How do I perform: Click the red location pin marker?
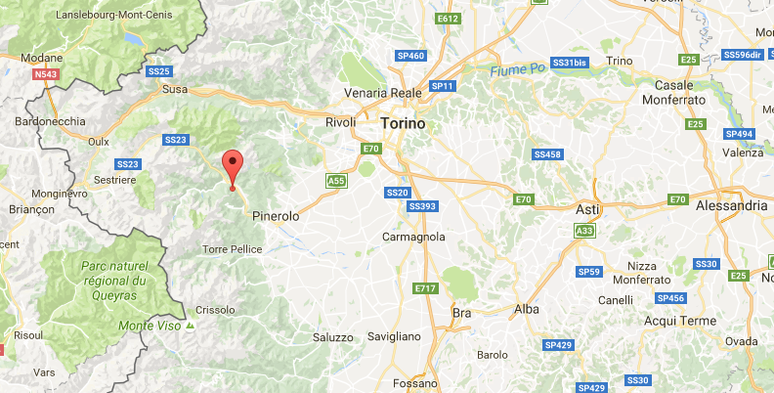coord(232,167)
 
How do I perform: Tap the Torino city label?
coord(404,124)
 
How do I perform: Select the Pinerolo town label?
coord(275,215)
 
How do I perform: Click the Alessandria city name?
coord(731,206)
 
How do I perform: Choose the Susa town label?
coord(174,89)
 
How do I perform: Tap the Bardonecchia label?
coord(45,121)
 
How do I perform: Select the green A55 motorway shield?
coord(336,181)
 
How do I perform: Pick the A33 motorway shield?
coord(584,231)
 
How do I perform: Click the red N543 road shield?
coord(45,74)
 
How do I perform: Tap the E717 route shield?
coord(425,288)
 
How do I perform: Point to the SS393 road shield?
coord(422,206)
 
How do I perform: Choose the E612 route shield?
coord(449,19)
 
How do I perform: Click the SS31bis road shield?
coord(569,62)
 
